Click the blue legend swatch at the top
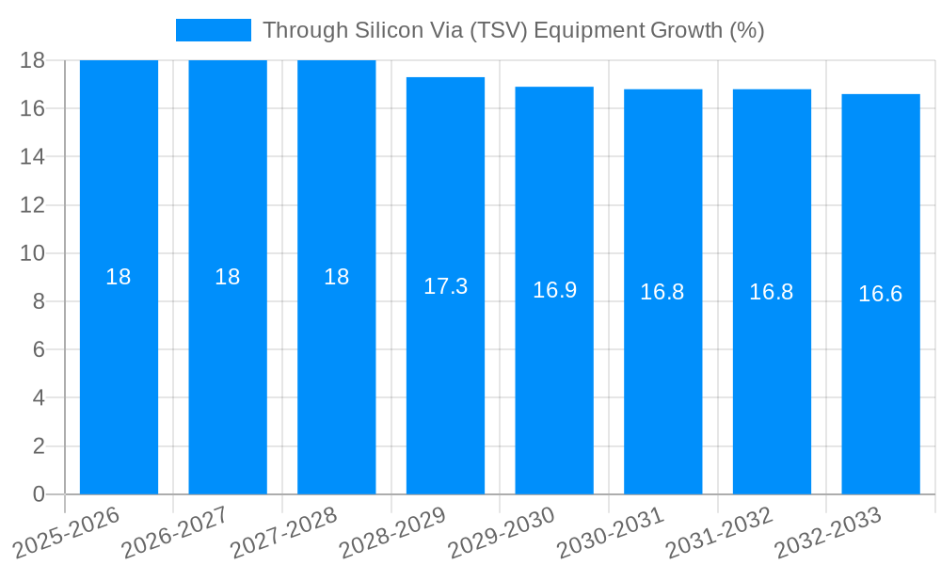[214, 30]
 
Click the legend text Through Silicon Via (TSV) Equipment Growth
[513, 30]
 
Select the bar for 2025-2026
[119, 377]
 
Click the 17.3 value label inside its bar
[445, 286]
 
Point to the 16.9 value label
[554, 290]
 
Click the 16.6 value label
[881, 294]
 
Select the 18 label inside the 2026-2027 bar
[228, 277]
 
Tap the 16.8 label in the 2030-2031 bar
[662, 292]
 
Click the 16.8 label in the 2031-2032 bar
[772, 292]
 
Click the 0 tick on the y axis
[39, 494]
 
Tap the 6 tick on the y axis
[39, 349]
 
